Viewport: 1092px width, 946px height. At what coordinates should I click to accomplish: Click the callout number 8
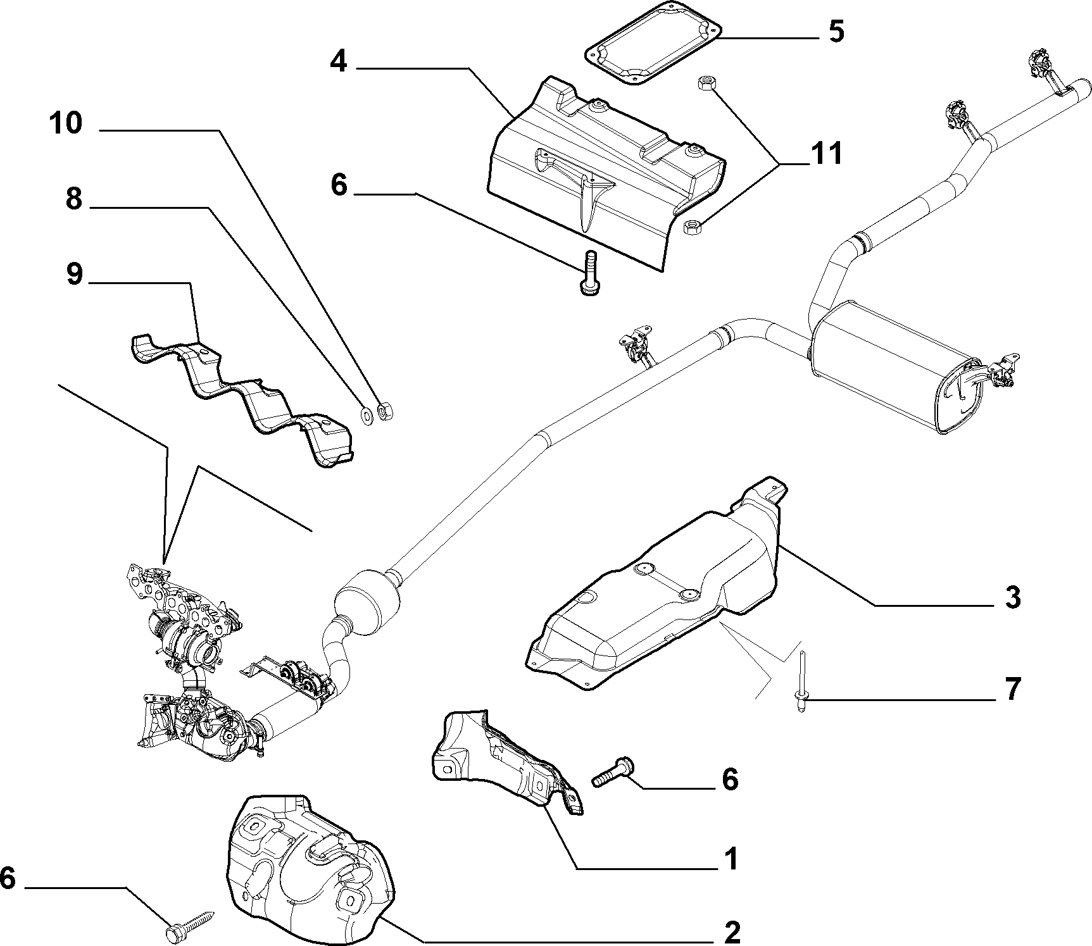point(74,199)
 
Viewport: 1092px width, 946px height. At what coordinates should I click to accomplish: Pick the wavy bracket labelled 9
point(241,399)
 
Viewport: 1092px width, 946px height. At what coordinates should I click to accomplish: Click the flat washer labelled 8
point(367,414)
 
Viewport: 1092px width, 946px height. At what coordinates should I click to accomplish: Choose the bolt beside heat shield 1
point(615,771)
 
